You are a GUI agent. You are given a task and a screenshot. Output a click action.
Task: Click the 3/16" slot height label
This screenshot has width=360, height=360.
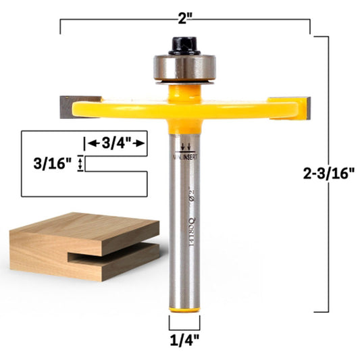click(51, 163)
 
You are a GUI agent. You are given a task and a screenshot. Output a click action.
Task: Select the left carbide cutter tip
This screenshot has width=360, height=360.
click(68, 104)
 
